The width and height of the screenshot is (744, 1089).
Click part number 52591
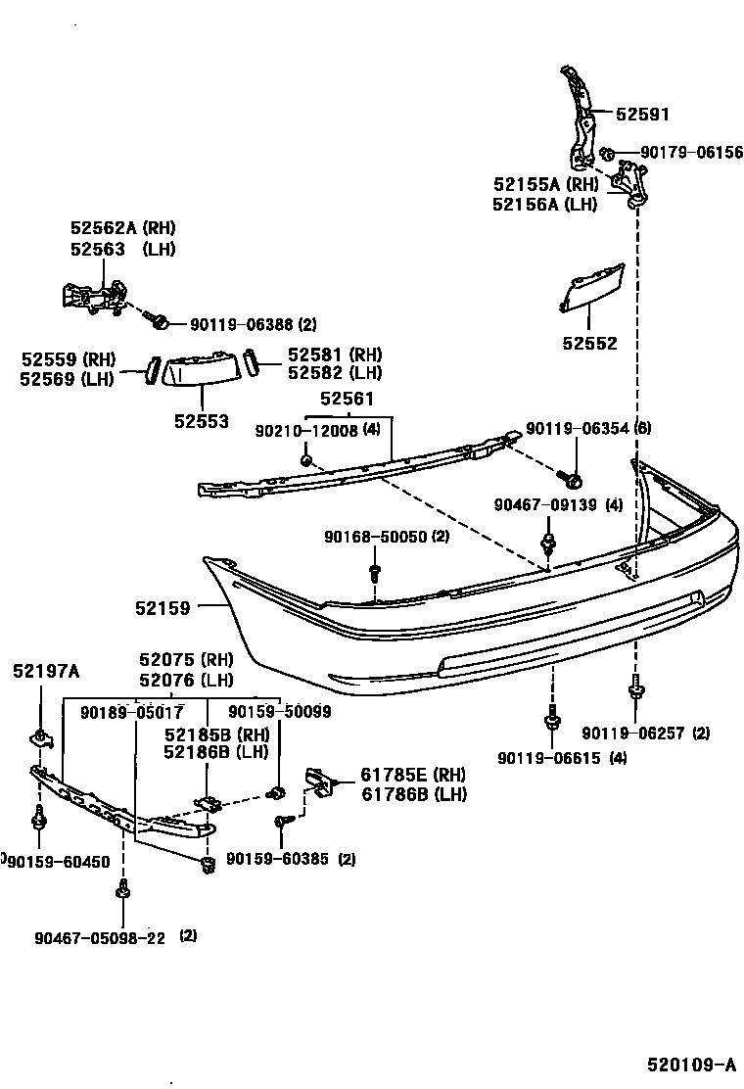pyautogui.click(x=642, y=114)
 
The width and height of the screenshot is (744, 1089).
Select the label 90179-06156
pyautogui.click(x=691, y=153)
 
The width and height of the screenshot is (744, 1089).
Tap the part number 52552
pyautogui.click(x=590, y=344)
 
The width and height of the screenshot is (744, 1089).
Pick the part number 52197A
pyautogui.click(x=47, y=671)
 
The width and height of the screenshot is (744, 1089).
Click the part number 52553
pyautogui.click(x=202, y=421)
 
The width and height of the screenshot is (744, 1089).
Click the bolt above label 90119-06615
pyautogui.click(x=551, y=719)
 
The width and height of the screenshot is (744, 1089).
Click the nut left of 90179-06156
pyautogui.click(x=607, y=154)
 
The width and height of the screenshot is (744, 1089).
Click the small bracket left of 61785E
pyautogui.click(x=319, y=781)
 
